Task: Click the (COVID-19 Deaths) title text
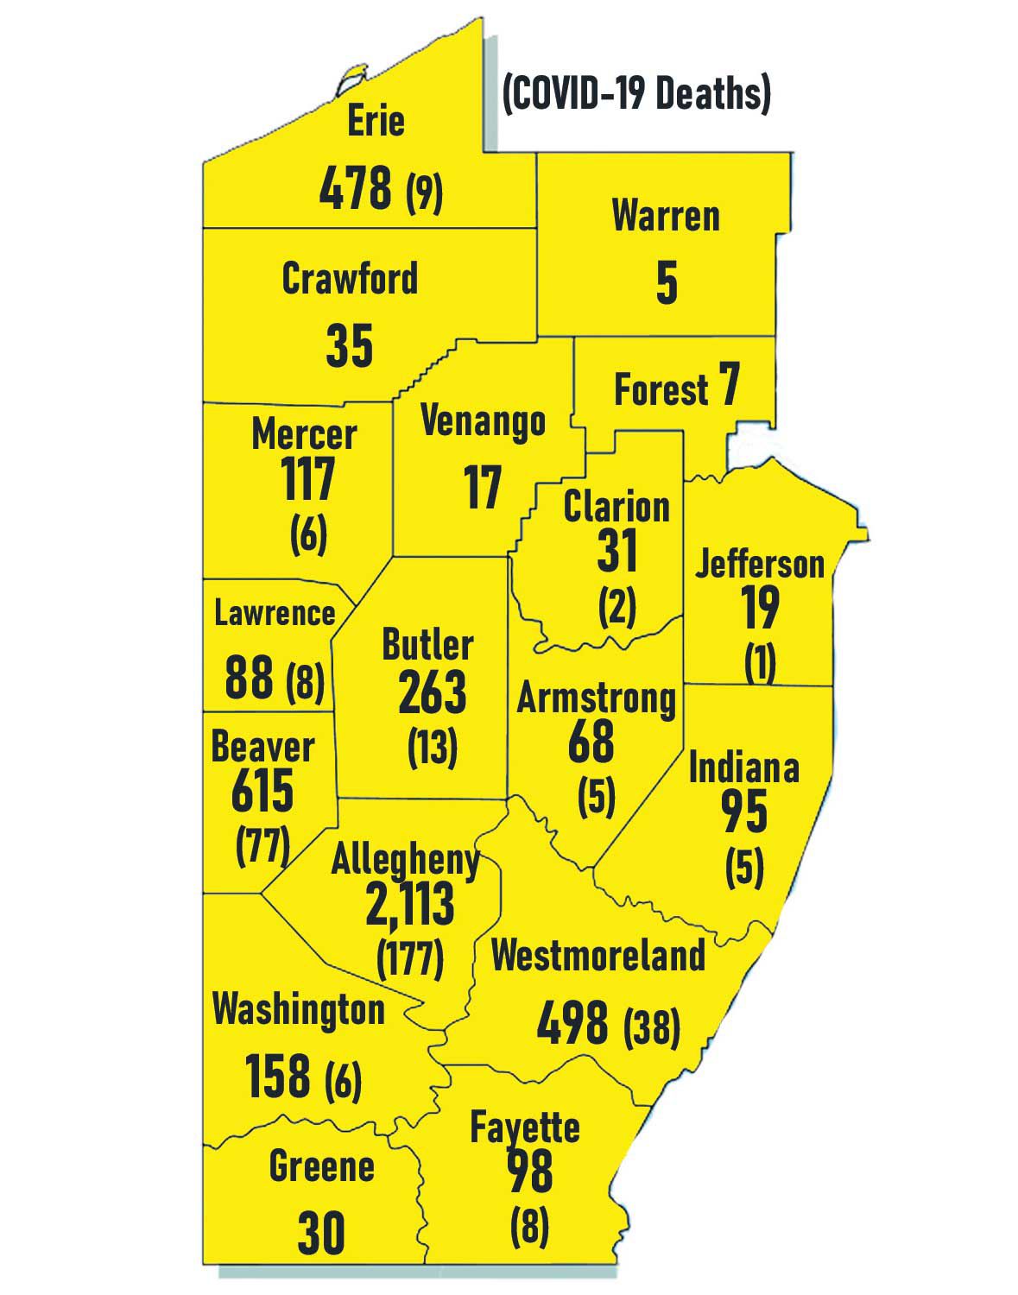635,93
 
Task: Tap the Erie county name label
376,120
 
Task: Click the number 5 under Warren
667,282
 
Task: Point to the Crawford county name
350,278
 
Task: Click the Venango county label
483,421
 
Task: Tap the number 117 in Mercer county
308,480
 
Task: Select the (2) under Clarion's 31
616,608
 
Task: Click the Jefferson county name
760,564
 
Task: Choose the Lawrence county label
275,613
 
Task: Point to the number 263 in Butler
432,692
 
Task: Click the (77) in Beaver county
262,846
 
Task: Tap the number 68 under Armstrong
591,742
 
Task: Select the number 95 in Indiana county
743,812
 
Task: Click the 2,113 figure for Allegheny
409,904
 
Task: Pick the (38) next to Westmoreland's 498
651,1027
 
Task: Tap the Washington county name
298,1009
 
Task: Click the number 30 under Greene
321,1233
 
